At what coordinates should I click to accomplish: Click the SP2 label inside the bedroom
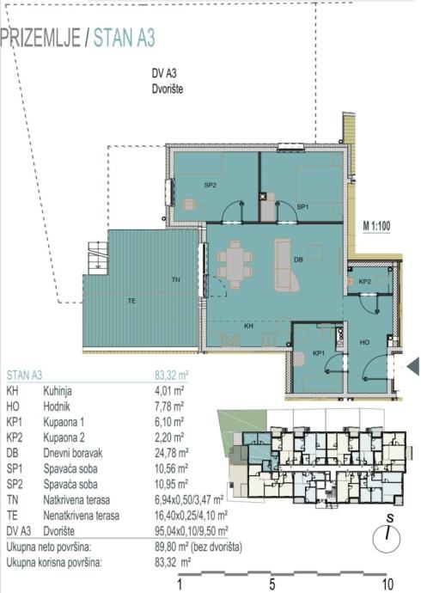(x=210, y=186)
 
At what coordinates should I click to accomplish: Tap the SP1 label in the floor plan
(x=302, y=207)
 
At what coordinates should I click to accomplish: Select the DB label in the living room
(x=298, y=260)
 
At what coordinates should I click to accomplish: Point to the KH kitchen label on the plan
(x=248, y=326)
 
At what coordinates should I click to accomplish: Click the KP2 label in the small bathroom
(x=364, y=281)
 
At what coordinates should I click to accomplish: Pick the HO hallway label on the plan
(x=364, y=342)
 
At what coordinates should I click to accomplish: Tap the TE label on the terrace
(x=131, y=301)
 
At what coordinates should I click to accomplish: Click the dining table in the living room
(x=235, y=265)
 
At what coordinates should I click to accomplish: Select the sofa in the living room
(x=286, y=265)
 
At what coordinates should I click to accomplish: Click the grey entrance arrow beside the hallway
(x=413, y=366)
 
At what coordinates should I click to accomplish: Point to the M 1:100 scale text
(x=376, y=226)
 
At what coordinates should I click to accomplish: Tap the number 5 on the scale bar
(x=272, y=584)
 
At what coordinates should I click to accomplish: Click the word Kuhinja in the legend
(x=58, y=391)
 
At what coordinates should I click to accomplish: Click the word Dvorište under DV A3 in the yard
(x=168, y=89)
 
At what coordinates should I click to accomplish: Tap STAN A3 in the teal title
(x=125, y=38)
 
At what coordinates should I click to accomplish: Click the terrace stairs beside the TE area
(x=97, y=259)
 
